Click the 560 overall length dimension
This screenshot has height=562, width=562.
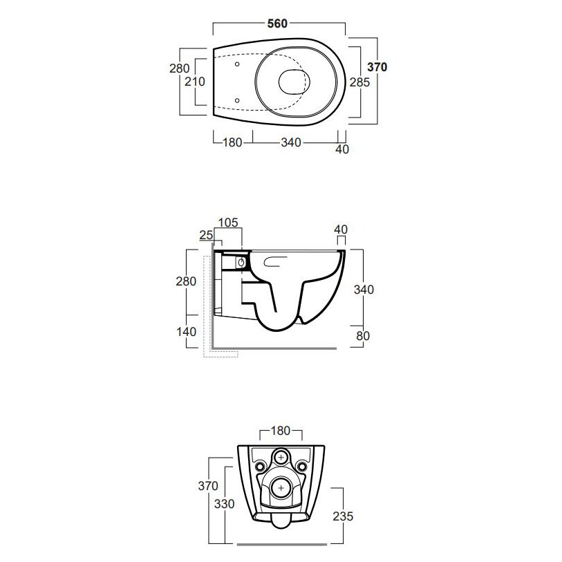(x=277, y=24)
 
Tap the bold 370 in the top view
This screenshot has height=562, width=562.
(x=377, y=67)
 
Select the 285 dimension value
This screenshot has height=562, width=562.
(x=359, y=82)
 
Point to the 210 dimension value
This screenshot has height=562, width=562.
(x=195, y=82)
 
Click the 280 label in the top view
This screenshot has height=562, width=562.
(x=179, y=68)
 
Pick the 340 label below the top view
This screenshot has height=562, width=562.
(x=290, y=142)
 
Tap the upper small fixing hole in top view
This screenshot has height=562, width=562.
(x=237, y=64)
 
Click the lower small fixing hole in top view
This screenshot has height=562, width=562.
(x=237, y=100)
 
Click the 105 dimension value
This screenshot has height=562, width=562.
(x=228, y=223)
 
